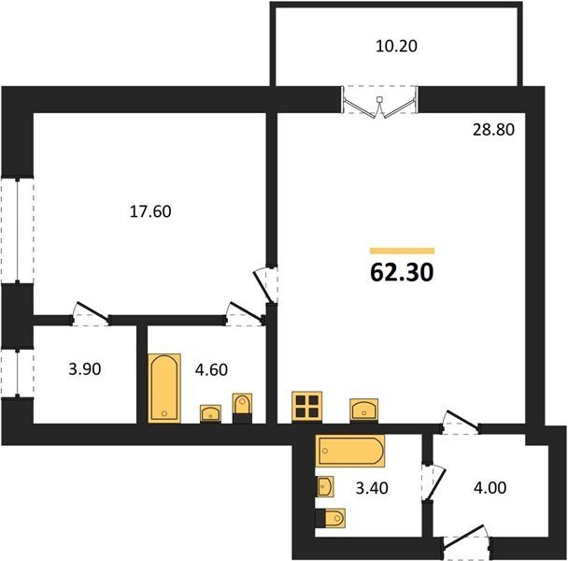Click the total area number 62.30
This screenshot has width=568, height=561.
click(x=402, y=272)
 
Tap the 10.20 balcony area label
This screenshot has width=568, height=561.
click(x=396, y=46)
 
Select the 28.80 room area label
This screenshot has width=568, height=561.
click(x=493, y=129)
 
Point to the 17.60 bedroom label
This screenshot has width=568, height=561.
click(x=150, y=211)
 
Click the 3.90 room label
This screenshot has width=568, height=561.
click(x=85, y=369)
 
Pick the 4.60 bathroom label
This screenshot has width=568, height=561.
click(x=211, y=369)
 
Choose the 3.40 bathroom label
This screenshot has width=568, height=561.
click(x=372, y=488)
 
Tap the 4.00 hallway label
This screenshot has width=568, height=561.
click(x=490, y=488)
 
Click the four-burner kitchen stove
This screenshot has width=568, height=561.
click(x=306, y=407)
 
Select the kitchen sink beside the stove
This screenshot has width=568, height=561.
click(x=363, y=410)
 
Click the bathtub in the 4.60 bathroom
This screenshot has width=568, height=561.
click(x=164, y=388)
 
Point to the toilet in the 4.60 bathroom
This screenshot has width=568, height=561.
click(x=242, y=408)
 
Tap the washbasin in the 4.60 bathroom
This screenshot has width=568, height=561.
click(x=210, y=413)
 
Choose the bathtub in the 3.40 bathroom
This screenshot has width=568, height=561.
click(x=350, y=451)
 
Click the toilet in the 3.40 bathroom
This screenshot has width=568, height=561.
click(x=330, y=517)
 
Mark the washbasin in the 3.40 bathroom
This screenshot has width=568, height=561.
click(x=325, y=486)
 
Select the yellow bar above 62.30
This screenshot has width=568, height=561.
click(x=402, y=251)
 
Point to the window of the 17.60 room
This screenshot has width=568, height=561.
click(x=17, y=230)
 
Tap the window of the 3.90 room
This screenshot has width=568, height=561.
click(x=17, y=373)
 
